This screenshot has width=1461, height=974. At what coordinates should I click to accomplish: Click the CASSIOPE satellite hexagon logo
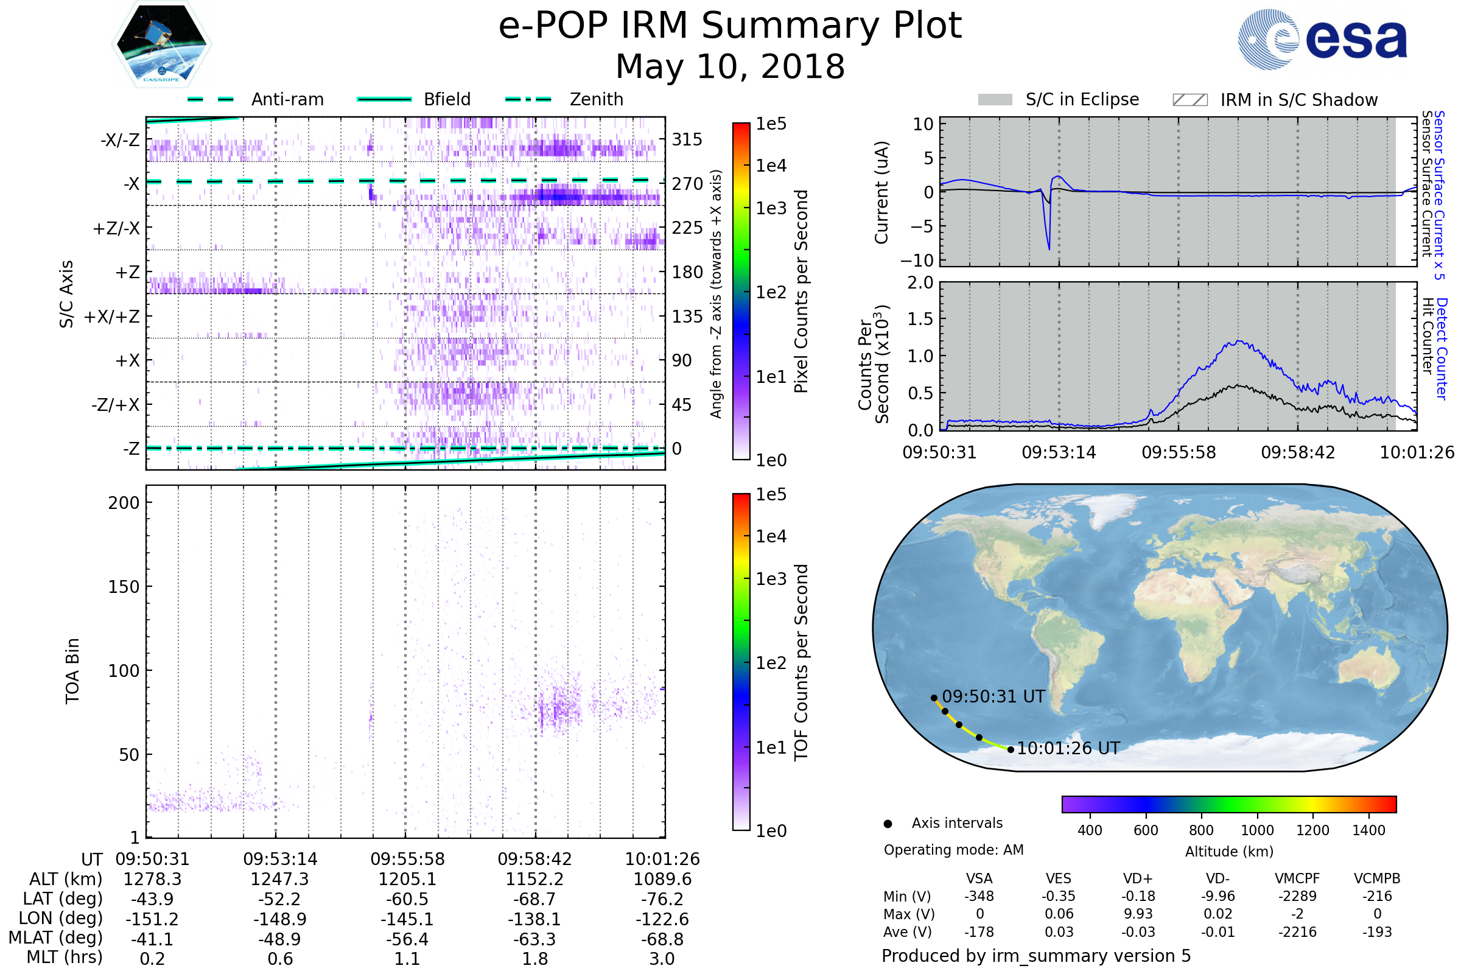tap(161, 44)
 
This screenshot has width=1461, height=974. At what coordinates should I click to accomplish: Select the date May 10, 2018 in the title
tap(730, 66)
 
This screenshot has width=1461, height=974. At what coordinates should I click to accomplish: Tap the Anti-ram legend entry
tap(287, 99)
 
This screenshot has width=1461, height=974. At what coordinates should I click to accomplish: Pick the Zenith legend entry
tap(596, 99)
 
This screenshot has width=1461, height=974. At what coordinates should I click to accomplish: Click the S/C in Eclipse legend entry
tap(1082, 99)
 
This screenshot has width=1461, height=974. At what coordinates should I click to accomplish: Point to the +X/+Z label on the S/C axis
tap(112, 317)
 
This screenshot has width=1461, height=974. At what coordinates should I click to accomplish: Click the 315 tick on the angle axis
tap(687, 139)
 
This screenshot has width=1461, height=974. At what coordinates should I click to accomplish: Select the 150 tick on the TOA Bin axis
tap(124, 587)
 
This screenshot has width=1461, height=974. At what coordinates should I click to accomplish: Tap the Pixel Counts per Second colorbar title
tap(801, 291)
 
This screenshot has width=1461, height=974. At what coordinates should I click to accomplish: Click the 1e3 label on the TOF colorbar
tap(771, 579)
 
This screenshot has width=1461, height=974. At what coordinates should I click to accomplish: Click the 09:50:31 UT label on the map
tap(993, 696)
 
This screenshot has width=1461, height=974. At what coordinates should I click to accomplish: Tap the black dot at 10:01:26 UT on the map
tap(1011, 750)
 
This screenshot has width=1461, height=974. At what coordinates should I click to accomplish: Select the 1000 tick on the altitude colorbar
tap(1256, 830)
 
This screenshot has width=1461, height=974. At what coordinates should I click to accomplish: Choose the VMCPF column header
tap(1297, 878)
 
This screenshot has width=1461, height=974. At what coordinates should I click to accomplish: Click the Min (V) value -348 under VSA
tap(979, 896)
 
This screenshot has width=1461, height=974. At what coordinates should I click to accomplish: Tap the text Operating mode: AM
tap(953, 850)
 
